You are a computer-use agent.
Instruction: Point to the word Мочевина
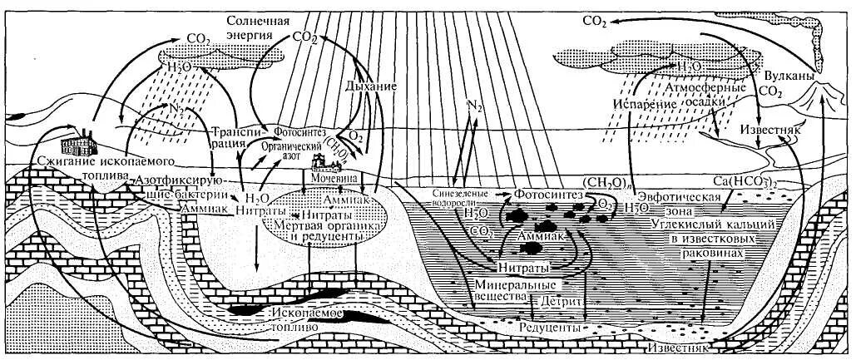click(x=331, y=178)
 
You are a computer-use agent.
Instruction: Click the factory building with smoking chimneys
click(x=84, y=142)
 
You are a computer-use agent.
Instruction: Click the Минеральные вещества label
click(x=509, y=292)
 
